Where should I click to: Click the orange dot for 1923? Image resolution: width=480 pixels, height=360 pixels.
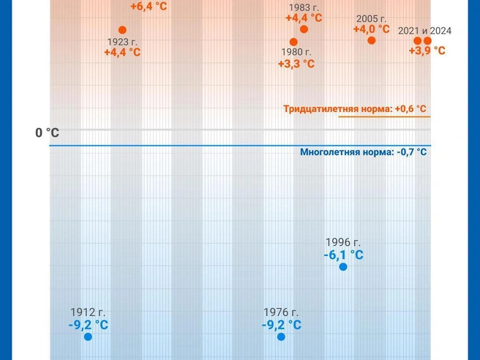(x=122, y=30)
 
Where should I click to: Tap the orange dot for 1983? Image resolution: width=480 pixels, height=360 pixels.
(x=304, y=29)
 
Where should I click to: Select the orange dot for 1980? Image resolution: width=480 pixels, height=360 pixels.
(x=293, y=42)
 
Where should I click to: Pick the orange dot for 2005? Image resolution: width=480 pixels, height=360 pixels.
(x=372, y=40)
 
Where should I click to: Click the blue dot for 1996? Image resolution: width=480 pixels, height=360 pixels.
(x=342, y=267)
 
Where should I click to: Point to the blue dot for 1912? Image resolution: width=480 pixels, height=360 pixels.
(x=88, y=337)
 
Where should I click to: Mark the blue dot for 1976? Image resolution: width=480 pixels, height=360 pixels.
(x=281, y=337)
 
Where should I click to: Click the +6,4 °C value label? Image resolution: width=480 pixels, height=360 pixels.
(x=149, y=7)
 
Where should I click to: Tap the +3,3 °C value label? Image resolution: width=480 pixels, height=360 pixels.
(x=296, y=64)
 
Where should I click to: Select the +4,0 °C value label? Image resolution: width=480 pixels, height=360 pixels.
(x=372, y=29)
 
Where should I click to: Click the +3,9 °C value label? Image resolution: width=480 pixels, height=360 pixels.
(x=427, y=50)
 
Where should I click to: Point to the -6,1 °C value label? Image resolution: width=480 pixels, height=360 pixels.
(x=343, y=255)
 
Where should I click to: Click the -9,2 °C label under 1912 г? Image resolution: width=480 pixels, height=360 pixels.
(x=89, y=325)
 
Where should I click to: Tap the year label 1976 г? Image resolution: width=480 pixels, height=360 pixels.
(x=281, y=312)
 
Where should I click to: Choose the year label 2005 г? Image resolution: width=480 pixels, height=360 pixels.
(x=372, y=18)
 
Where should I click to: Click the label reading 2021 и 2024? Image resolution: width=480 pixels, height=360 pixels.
(x=424, y=31)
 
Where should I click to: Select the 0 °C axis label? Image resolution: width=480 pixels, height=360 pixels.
(x=48, y=132)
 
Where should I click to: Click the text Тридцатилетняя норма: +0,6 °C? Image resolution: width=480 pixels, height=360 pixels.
(x=355, y=109)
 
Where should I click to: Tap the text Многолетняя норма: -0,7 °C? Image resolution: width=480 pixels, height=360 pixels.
(x=363, y=152)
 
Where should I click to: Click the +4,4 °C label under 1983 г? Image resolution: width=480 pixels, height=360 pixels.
(x=304, y=18)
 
